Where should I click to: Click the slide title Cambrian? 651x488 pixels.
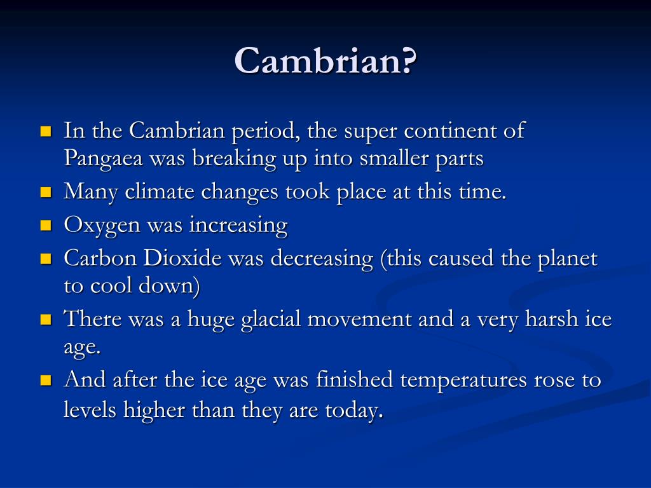coord(325,62)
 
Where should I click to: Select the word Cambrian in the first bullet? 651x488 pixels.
coord(169,131)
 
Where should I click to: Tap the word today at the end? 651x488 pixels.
coord(352,410)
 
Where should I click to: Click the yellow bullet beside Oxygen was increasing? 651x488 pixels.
coord(45,225)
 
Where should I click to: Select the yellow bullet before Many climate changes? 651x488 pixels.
coord(45,191)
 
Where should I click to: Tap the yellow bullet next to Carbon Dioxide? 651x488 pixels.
coord(45,258)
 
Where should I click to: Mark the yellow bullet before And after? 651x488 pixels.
coord(45,380)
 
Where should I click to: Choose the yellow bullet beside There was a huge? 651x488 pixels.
coord(45,318)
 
